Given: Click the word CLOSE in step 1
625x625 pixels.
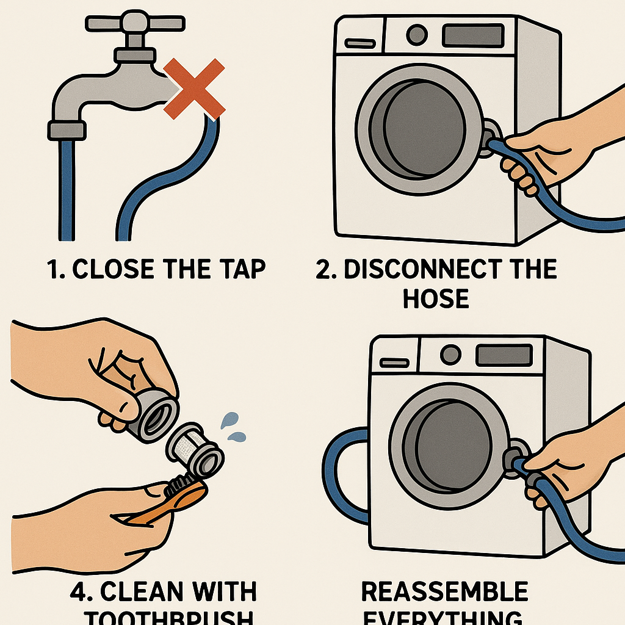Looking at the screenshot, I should (116, 270).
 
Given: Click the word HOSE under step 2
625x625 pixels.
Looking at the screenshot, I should (436, 299).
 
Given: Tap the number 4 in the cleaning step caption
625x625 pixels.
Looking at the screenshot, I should (81, 593).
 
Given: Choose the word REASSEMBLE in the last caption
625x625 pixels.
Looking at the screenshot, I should (444, 593).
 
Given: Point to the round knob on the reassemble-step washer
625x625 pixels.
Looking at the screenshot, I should (450, 354).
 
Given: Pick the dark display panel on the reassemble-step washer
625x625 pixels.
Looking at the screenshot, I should (504, 355).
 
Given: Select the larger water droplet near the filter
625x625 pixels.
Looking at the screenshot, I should (229, 420).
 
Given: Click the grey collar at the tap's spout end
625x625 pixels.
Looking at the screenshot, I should (66, 129).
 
